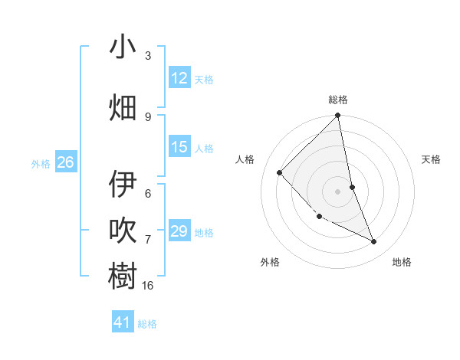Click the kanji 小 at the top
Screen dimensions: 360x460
[x=123, y=47]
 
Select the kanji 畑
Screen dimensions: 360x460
[x=123, y=108]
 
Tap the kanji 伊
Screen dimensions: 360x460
[x=123, y=184]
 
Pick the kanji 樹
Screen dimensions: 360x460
[x=123, y=277]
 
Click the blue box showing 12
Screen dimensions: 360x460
[x=179, y=78]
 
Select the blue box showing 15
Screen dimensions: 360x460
[x=179, y=147]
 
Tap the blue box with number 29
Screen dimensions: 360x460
[x=179, y=231]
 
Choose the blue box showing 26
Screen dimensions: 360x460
[x=65, y=162]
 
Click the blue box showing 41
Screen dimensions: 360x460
[x=123, y=322]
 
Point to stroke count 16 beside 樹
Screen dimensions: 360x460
[x=148, y=285]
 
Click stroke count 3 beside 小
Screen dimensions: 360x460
[x=148, y=55]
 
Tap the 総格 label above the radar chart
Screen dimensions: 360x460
[x=338, y=100]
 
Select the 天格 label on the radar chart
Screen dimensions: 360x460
[x=432, y=159]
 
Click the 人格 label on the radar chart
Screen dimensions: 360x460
[x=245, y=159]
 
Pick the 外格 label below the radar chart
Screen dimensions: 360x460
[x=270, y=262]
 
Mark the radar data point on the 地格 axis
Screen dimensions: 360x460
[x=374, y=242]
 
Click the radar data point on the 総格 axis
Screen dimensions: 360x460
[x=338, y=116]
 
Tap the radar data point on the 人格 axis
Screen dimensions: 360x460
[x=280, y=172]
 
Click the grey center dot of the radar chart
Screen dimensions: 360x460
[x=337, y=191]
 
